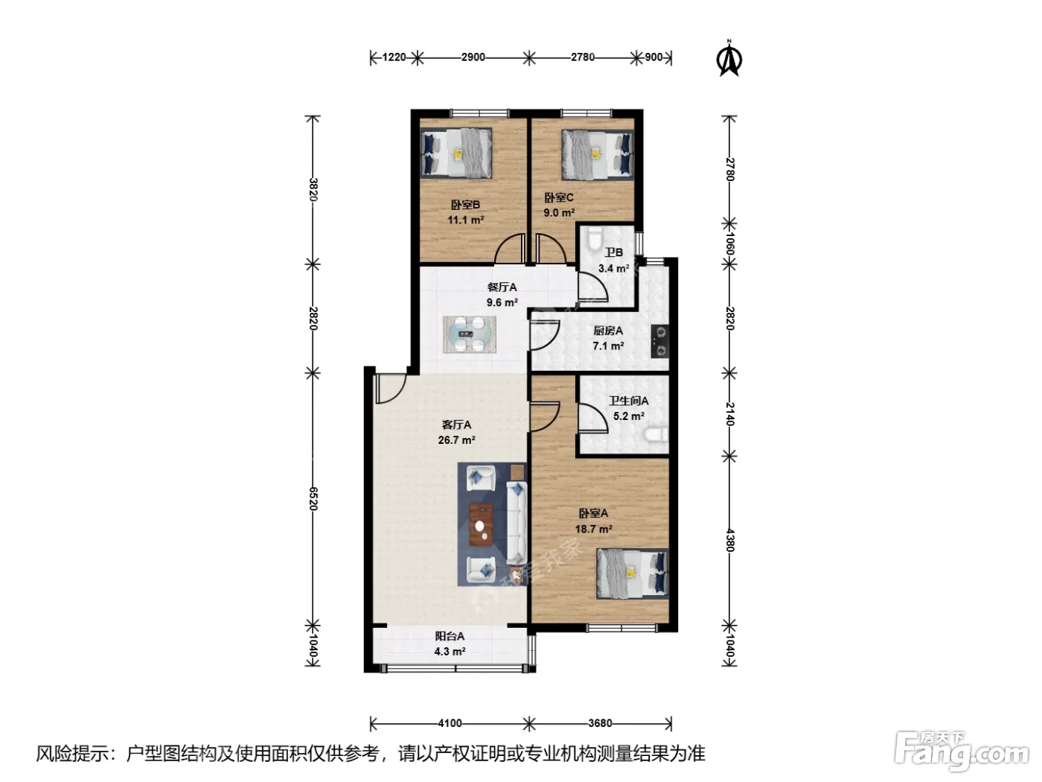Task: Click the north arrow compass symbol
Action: tap(729, 58)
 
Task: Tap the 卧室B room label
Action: tap(465, 205)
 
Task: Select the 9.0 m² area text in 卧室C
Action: tap(559, 213)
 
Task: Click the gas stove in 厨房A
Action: tap(660, 341)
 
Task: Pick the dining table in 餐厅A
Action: tap(470, 334)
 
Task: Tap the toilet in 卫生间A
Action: tap(656, 434)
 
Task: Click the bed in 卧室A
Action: tap(633, 573)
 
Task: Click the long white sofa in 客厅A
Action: tap(517, 523)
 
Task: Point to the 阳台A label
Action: tap(450, 636)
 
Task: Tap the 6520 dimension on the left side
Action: tap(313, 498)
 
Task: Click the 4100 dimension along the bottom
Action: tap(450, 723)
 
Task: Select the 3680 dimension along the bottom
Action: tap(600, 723)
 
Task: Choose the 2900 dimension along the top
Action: tap(473, 57)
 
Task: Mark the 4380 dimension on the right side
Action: tap(730, 541)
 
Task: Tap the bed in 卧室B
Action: tap(456, 153)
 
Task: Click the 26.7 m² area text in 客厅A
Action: tap(457, 440)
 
